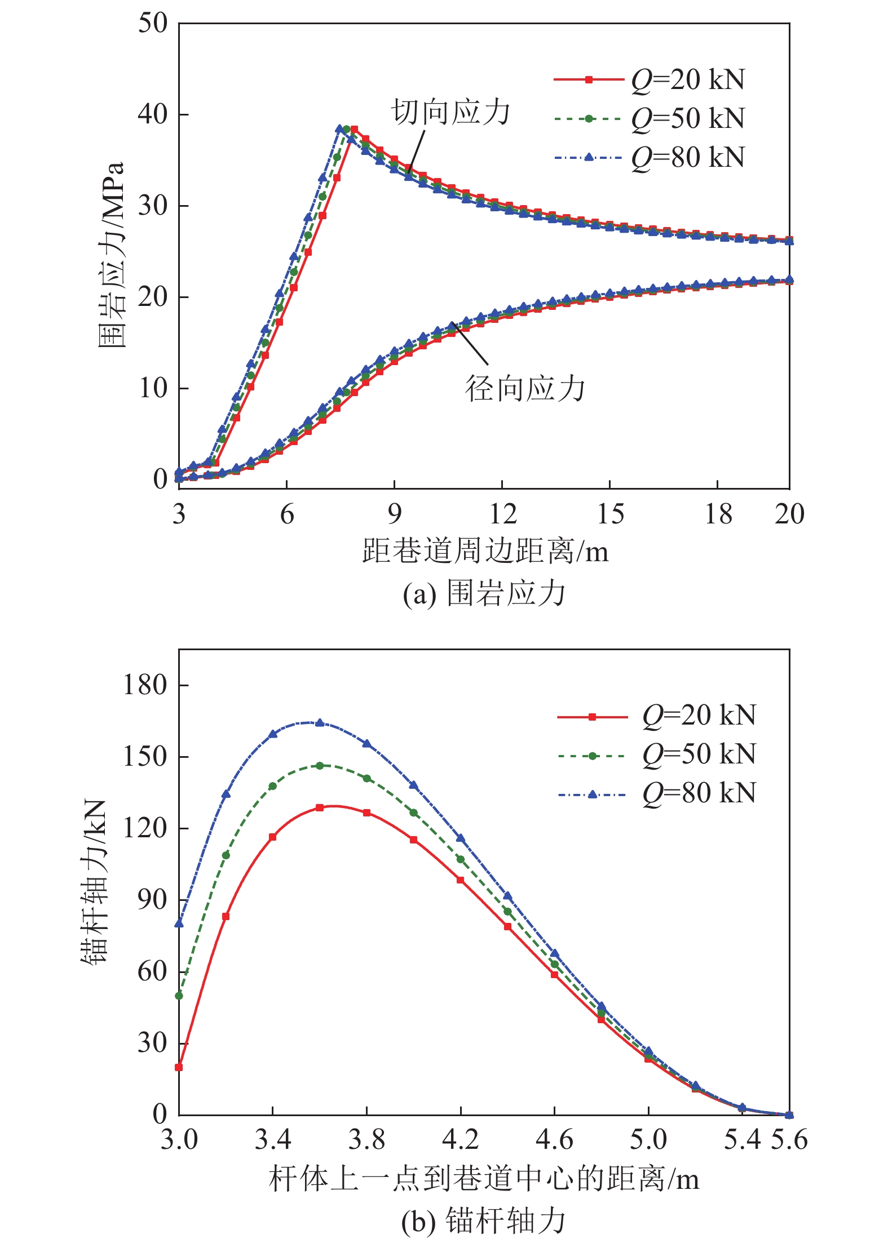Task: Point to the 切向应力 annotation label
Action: [x=450, y=112]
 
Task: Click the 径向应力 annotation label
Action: [x=525, y=389]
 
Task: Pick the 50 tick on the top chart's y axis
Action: [x=153, y=24]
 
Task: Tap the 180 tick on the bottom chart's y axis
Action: [x=145, y=686]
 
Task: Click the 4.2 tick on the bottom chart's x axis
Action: [x=461, y=1139]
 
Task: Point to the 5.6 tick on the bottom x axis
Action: [x=789, y=1139]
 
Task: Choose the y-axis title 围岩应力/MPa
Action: [x=111, y=255]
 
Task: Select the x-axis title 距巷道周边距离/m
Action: [x=485, y=551]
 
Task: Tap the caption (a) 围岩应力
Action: [x=484, y=594]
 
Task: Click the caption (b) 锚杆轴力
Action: [x=483, y=1222]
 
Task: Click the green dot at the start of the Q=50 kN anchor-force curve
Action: [x=179, y=996]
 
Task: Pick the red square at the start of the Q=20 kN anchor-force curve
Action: [x=179, y=1067]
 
